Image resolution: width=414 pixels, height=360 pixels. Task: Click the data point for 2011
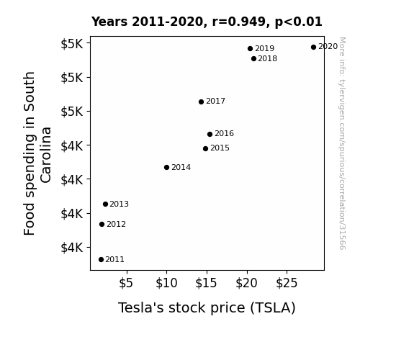coord(101,260)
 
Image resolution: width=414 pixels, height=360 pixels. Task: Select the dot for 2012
coord(102,224)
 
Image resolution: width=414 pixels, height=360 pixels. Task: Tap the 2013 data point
coord(105,204)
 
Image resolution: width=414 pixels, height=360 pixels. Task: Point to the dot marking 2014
coord(166,168)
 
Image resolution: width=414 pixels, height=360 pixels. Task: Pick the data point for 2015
coord(205,149)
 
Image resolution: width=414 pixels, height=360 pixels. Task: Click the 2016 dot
coord(210,134)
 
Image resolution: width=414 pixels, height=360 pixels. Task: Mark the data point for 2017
coord(201,102)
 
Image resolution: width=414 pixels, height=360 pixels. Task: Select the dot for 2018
coord(253,58)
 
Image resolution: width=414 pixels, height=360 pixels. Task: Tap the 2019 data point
coord(251,48)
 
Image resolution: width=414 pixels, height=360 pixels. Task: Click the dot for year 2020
coord(313,48)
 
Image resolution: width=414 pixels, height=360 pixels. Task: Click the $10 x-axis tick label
coord(166,283)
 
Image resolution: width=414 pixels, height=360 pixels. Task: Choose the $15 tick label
coord(206,283)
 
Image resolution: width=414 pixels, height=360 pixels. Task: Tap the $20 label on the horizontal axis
coord(246,283)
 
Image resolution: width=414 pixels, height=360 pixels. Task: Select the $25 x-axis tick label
coord(287,283)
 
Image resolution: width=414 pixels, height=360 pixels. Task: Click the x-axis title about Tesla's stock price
coord(207,308)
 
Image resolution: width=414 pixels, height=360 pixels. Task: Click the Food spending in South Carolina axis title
coord(37,153)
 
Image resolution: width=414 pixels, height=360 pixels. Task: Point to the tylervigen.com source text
coord(342,143)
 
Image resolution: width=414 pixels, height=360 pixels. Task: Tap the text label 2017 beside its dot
coord(215,101)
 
